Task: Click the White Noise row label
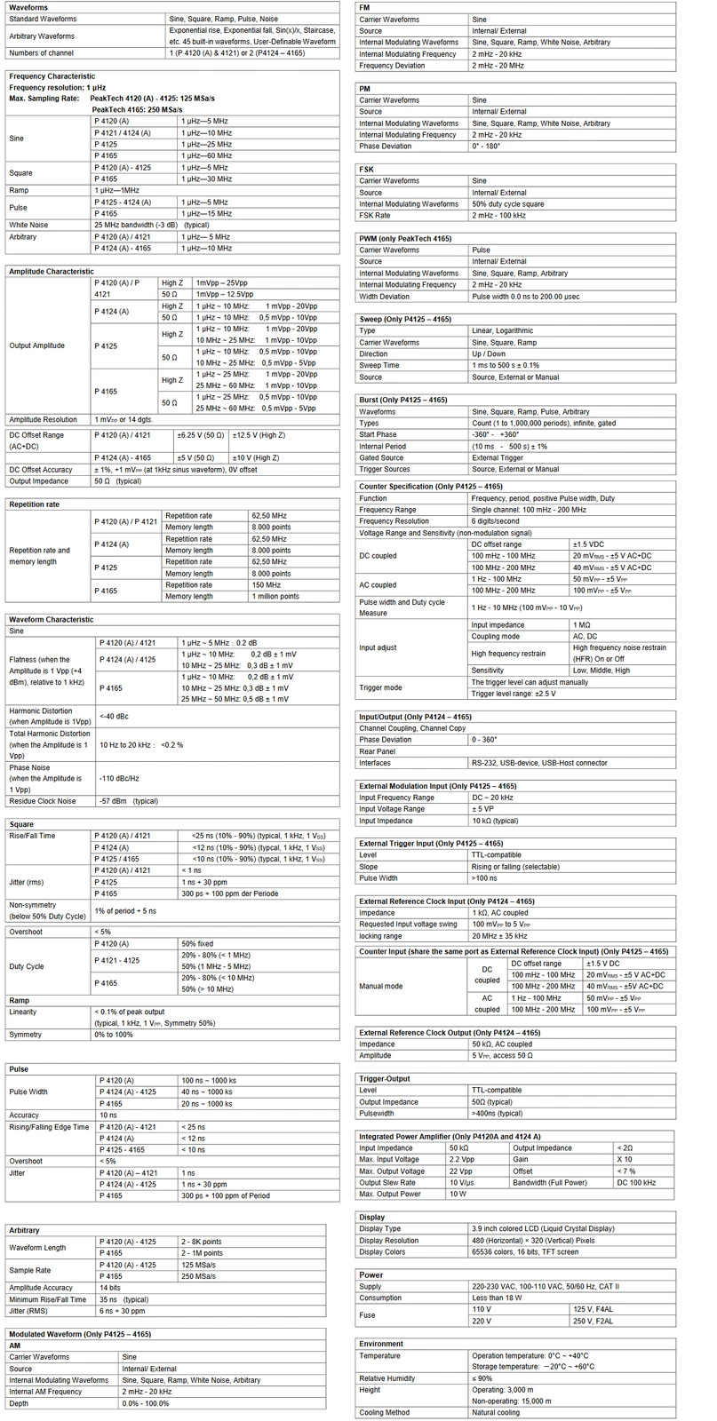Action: pos(28,226)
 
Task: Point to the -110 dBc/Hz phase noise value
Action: pos(119,778)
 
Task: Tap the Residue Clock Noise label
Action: pos(42,801)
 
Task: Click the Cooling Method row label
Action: pos(384,1412)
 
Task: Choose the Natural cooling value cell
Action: pos(496,1412)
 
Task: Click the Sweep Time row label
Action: pos(379,366)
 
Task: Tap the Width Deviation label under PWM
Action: pos(384,297)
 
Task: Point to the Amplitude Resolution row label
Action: pos(44,419)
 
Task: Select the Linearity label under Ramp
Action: pos(23,1012)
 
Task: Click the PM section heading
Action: pos(364,89)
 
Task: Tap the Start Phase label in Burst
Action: pos(378,435)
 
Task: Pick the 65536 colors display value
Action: pos(524,1252)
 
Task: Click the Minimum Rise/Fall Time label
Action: pos(48,1299)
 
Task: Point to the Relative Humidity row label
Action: pos(386,1378)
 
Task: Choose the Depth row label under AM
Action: pos(20,1403)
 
